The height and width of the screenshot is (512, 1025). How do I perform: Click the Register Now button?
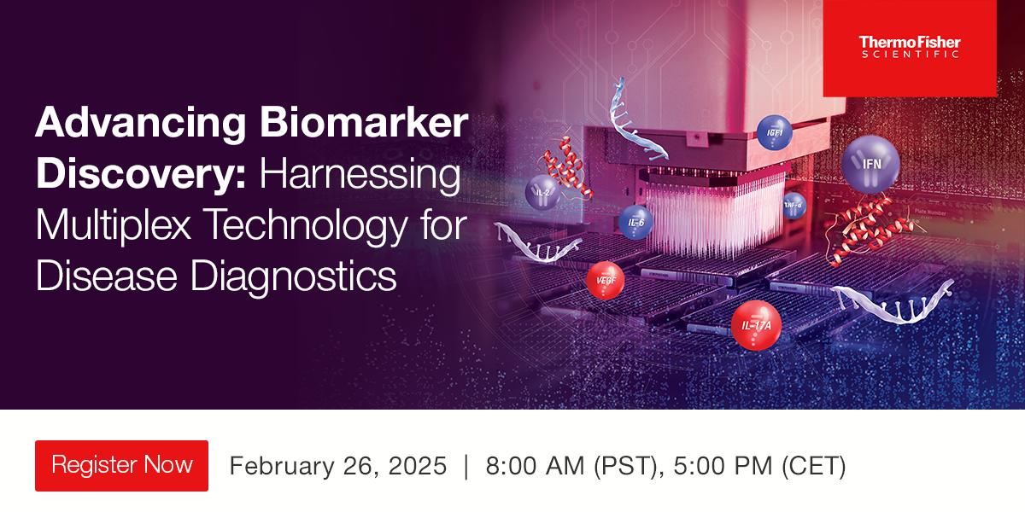(x=121, y=466)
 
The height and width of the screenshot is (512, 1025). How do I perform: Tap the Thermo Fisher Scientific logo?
(x=909, y=48)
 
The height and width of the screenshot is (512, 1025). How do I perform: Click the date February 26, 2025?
(x=338, y=467)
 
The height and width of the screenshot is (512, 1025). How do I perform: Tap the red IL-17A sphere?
(x=756, y=325)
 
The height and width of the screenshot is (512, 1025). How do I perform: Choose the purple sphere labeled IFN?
(x=870, y=163)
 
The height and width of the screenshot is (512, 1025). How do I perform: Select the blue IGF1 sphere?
(x=775, y=133)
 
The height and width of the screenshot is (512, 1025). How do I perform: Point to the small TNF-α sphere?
(x=794, y=205)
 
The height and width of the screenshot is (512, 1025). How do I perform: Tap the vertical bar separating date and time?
(x=466, y=467)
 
